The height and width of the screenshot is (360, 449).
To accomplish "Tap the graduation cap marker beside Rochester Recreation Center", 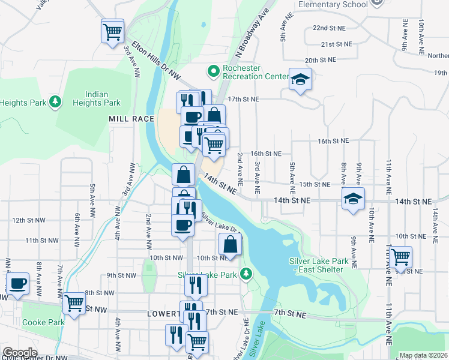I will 300,79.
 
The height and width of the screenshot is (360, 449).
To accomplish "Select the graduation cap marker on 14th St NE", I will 353,199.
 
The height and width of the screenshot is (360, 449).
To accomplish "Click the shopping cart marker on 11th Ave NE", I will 400,257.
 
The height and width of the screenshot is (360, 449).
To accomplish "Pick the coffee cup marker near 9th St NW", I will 18,283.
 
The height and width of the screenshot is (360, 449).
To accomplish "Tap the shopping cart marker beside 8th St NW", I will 74,303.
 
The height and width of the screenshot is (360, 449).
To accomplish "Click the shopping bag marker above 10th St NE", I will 230,244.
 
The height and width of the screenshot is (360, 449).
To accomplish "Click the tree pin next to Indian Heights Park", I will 55,102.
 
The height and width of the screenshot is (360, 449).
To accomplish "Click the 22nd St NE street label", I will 330,28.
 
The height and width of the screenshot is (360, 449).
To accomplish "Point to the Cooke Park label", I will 43,322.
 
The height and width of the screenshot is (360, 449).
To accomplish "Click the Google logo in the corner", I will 20,353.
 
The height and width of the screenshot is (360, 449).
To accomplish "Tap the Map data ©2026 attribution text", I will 424,355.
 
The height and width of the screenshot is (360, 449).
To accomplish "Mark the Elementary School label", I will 333,5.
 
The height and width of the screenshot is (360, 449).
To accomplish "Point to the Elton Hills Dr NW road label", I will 156,60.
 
